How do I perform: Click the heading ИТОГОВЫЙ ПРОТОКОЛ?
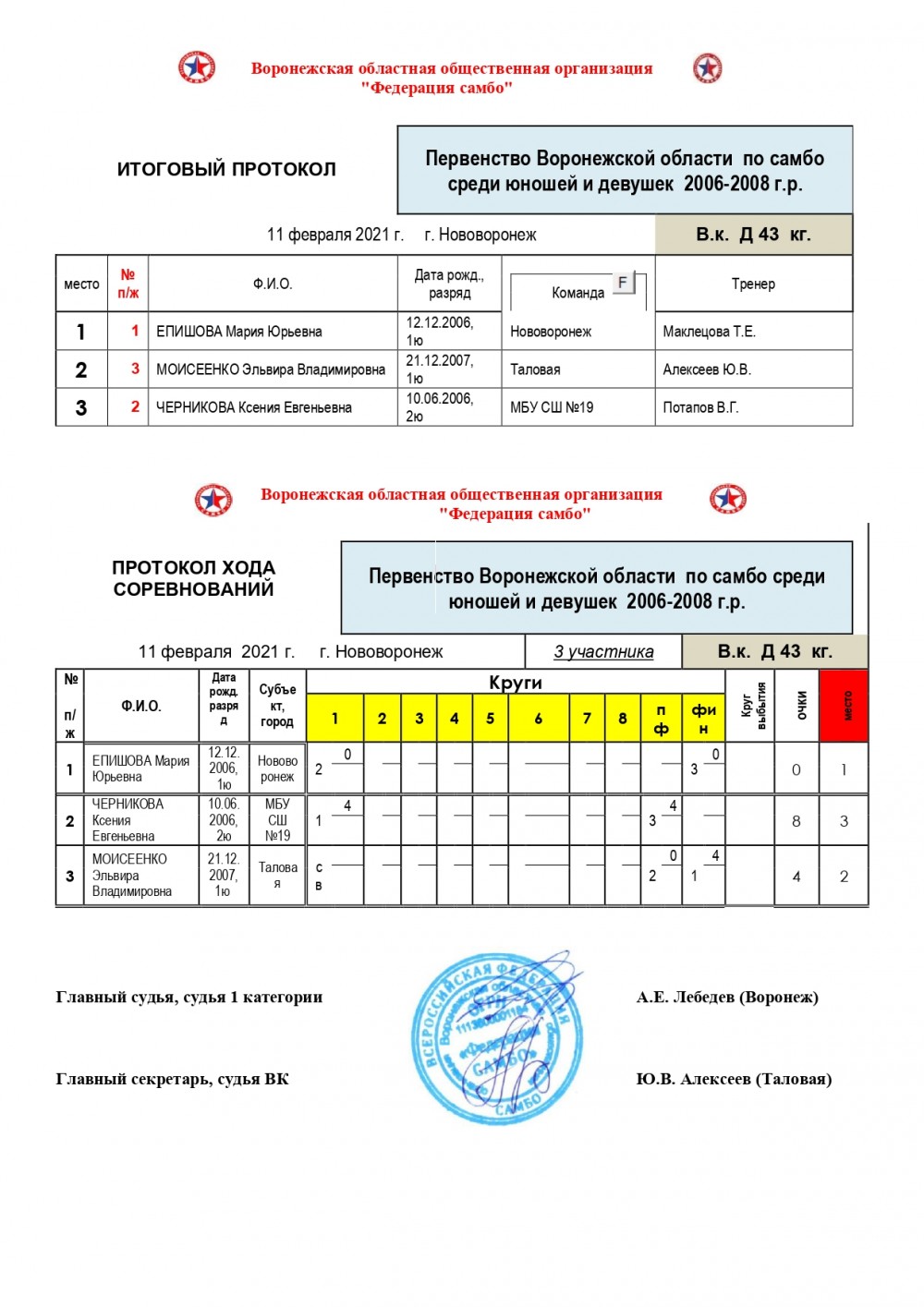226,169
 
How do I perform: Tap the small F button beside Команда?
623,283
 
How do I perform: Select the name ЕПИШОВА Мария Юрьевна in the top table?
239,332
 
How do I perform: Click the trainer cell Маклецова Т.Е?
709,332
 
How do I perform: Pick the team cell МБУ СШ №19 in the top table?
552,407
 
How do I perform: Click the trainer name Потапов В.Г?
700,407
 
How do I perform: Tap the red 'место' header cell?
844,707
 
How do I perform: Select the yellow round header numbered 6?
538,719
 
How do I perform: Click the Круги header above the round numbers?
516,683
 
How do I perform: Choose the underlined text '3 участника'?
603,652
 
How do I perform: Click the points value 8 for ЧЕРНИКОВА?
796,821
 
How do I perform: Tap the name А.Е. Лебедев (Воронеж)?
727,998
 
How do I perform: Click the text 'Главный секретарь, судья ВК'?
173,1079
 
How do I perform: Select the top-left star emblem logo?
197,68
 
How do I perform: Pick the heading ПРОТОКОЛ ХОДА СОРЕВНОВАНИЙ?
194,578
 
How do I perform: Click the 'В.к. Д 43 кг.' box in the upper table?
753,235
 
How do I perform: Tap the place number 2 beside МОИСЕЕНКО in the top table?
81,369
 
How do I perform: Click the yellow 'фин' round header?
703,719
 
